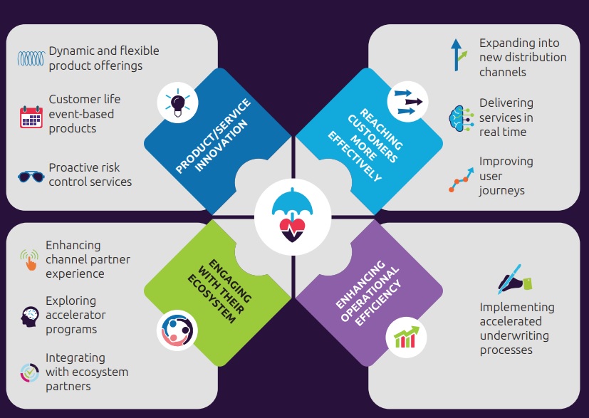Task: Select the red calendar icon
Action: (31, 116)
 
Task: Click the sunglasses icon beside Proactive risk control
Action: (31, 175)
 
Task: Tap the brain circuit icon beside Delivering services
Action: (460, 116)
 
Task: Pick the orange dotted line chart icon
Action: (460, 177)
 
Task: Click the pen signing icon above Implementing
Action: (514, 280)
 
